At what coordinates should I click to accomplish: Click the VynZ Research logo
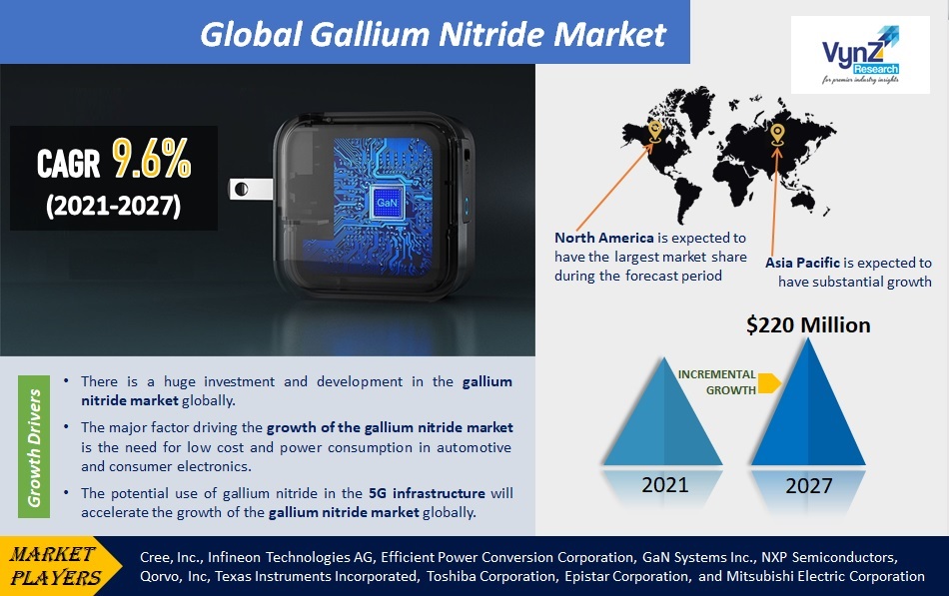point(860,55)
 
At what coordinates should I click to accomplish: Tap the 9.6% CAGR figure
point(151,159)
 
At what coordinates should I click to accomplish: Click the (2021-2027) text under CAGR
point(114,206)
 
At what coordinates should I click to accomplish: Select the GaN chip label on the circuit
point(387,202)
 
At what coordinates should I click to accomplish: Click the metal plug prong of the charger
point(250,189)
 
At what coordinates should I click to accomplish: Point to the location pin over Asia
point(778,135)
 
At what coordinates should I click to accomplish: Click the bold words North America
point(604,238)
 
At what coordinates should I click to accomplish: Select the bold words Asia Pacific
point(802,263)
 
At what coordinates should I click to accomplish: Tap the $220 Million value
point(808,324)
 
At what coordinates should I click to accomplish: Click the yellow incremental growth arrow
point(769,383)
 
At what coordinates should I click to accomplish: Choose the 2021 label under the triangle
point(664,484)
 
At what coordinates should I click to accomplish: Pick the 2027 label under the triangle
point(808,486)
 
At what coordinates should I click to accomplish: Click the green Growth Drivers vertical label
point(34,446)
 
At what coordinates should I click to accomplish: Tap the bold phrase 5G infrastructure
point(427,493)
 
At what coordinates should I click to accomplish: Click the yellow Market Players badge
point(59,566)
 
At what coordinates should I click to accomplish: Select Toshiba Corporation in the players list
point(492,577)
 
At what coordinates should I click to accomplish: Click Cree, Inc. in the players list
point(170,557)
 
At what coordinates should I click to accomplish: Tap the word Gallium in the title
point(371,35)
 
